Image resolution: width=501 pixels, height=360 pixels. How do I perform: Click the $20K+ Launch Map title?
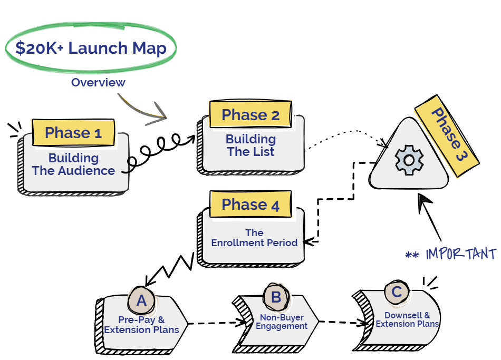click(91, 48)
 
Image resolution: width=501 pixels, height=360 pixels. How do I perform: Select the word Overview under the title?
click(98, 82)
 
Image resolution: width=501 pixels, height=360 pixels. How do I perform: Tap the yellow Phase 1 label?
click(73, 133)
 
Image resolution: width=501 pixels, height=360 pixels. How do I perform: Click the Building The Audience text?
click(73, 164)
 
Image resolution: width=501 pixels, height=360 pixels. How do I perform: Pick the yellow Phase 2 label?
click(250, 115)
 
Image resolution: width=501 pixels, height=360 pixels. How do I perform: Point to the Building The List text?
click(250, 145)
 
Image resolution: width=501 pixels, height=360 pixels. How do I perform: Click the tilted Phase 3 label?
click(447, 135)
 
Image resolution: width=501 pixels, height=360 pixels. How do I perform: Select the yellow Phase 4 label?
click(250, 205)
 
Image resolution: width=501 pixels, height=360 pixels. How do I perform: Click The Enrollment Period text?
click(254, 238)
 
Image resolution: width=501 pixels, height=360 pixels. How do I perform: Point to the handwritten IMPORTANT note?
click(461, 254)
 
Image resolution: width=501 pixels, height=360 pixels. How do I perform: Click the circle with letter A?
click(141, 300)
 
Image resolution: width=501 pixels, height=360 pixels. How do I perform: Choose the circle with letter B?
click(276, 297)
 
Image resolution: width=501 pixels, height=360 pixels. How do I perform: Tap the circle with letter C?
click(397, 292)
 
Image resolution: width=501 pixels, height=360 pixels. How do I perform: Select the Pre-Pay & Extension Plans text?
click(141, 325)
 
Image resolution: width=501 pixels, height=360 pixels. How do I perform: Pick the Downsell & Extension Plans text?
click(407, 320)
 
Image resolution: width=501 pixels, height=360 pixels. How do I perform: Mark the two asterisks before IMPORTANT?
click(412, 256)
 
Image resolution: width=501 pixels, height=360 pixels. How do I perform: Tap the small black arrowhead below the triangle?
click(422, 201)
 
